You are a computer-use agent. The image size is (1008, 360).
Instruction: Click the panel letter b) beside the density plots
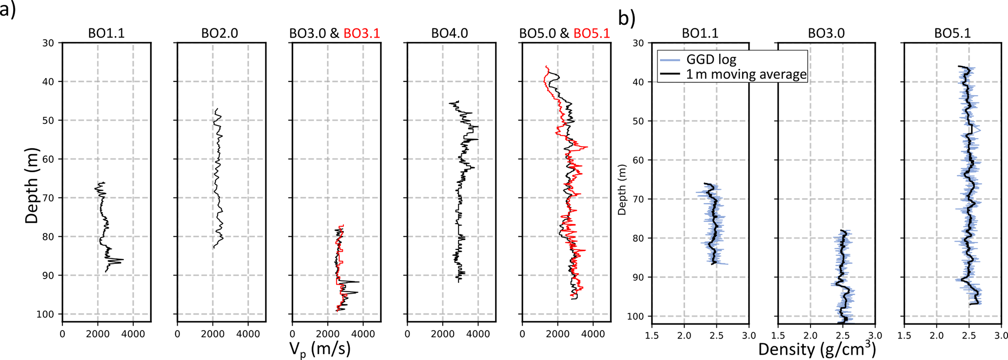pos(627,18)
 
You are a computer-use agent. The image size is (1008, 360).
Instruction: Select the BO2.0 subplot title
pos(219,33)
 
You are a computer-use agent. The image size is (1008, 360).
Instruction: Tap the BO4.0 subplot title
pos(450,33)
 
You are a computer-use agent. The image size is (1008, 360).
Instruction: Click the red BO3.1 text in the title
pos(361,33)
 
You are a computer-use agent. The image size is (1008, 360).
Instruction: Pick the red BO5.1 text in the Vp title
pos(592,33)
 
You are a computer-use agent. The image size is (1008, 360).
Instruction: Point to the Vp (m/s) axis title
pos(319,349)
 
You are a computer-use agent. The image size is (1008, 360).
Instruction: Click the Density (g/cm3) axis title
pos(817,349)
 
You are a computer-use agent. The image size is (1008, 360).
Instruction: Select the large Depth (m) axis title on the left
pos(32,185)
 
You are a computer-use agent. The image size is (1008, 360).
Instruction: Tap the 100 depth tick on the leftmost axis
pos(47,314)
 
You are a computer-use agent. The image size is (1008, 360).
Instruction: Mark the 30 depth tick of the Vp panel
pos(48,43)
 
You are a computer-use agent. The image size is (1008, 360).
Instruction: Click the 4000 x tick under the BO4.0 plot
pos(478,334)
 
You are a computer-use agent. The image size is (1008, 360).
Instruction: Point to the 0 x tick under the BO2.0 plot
pos(177,334)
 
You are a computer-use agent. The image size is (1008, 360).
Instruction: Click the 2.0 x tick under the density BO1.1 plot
pos(684,336)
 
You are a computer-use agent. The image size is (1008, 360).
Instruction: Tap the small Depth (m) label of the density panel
pos(622,190)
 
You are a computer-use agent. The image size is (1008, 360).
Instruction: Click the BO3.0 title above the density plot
pos(826,33)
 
